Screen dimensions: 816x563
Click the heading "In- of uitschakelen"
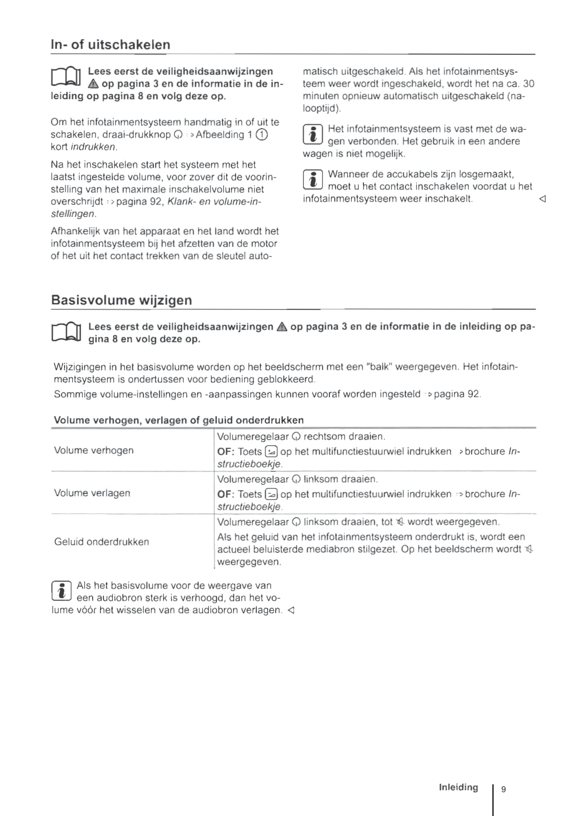[x=110, y=44]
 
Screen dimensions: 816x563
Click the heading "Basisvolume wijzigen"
[x=121, y=300]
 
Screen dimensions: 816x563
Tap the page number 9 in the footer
[x=503, y=789]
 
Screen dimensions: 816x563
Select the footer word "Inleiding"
[x=458, y=787]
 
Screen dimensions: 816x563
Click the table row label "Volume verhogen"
[x=94, y=450]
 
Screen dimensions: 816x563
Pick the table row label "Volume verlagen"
[x=92, y=493]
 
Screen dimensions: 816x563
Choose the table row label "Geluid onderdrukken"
[x=102, y=542]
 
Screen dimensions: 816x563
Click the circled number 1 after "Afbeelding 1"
[x=262, y=135]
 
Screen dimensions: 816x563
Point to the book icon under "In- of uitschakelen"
[x=66, y=77]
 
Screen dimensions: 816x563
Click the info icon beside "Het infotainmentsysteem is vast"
[x=313, y=135]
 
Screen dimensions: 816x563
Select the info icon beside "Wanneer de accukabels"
[x=313, y=180]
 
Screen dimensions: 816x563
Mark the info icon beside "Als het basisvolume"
[x=61, y=591]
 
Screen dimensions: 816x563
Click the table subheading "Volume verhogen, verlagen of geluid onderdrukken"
[x=178, y=420]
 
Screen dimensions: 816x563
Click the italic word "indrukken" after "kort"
[x=94, y=147]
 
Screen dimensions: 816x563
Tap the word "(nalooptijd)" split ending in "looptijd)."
[x=322, y=109]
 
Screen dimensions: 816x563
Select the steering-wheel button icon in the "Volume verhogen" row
[x=271, y=451]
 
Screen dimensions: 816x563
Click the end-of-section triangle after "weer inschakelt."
[x=542, y=199]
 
